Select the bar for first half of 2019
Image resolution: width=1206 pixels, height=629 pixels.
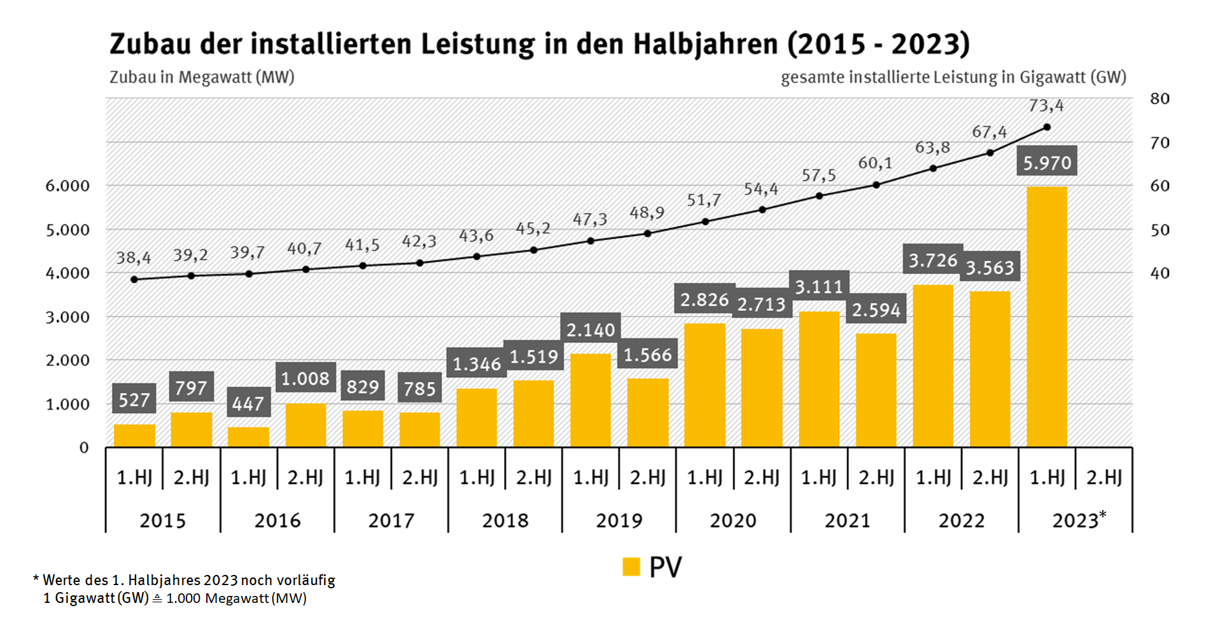(591, 400)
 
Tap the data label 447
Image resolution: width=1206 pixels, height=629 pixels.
(248, 403)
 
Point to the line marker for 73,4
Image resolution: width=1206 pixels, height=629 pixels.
(1047, 127)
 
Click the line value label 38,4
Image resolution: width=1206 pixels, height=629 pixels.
(134, 258)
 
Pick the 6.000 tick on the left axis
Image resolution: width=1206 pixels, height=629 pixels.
(67, 186)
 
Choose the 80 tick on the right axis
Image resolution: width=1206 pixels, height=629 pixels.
(1160, 99)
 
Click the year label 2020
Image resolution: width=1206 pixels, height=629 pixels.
(733, 521)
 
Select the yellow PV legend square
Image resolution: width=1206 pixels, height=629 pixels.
(631, 567)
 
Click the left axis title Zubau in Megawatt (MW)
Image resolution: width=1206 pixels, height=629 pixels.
(202, 77)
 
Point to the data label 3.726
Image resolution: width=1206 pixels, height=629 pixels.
(933, 260)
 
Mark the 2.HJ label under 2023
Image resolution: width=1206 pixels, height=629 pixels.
(1104, 477)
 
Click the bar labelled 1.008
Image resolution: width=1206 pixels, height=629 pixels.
(305, 425)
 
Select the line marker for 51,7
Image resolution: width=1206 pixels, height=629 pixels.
(705, 221)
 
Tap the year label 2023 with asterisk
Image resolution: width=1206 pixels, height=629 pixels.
(1078, 520)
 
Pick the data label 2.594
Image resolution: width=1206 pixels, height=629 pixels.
(876, 310)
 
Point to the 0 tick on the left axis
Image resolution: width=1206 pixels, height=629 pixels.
(84, 448)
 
